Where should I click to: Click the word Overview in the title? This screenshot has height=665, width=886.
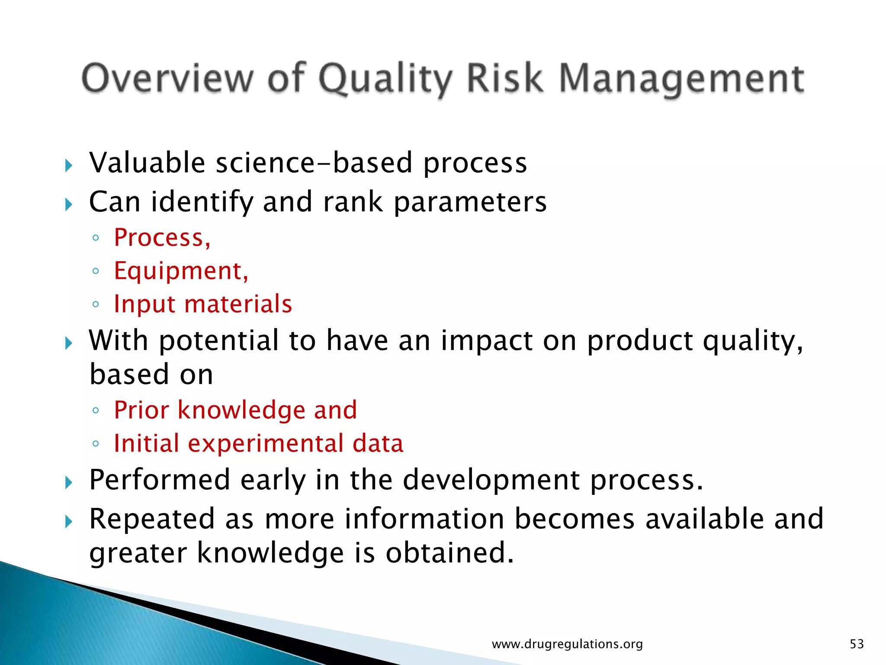pyautogui.click(x=167, y=78)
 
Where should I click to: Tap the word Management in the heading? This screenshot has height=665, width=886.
pyautogui.click(x=681, y=79)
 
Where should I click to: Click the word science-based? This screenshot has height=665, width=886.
pyautogui.click(x=314, y=163)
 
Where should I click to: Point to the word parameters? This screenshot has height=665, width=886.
pyautogui.click(x=470, y=203)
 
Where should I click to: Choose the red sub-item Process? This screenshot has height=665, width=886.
pyautogui.click(x=162, y=238)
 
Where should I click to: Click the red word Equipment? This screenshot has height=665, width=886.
pyautogui.click(x=181, y=271)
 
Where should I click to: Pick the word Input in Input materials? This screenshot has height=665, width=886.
pyautogui.click(x=144, y=304)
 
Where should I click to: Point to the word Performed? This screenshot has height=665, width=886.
pyautogui.click(x=160, y=480)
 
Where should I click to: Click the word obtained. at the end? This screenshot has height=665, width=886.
pyautogui.click(x=449, y=553)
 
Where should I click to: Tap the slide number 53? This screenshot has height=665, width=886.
pyautogui.click(x=857, y=644)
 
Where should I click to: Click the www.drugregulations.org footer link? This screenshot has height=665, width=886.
pyautogui.click(x=567, y=644)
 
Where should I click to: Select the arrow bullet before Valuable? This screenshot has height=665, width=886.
pyautogui.click(x=68, y=165)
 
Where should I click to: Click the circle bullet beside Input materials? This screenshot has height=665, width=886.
pyautogui.click(x=96, y=304)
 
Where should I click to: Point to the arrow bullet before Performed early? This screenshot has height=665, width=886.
pyautogui.click(x=68, y=482)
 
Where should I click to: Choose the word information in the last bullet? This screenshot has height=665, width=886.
pyautogui.click(x=424, y=519)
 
